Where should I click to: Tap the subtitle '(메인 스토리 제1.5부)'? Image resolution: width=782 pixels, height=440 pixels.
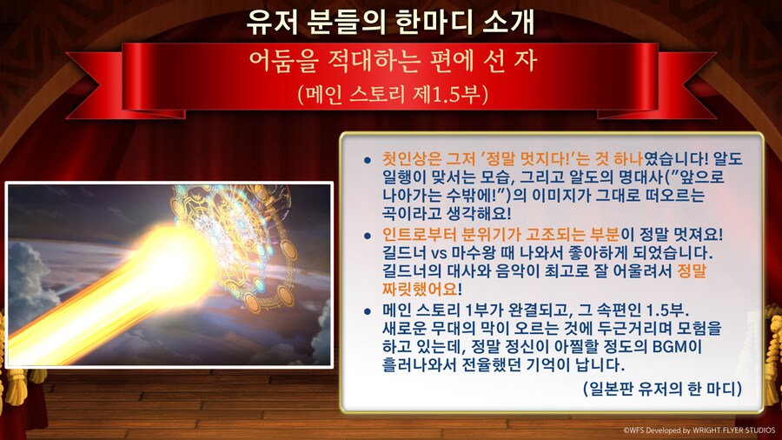[390, 92]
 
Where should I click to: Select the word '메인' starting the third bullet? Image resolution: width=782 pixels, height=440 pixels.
[399, 310]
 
